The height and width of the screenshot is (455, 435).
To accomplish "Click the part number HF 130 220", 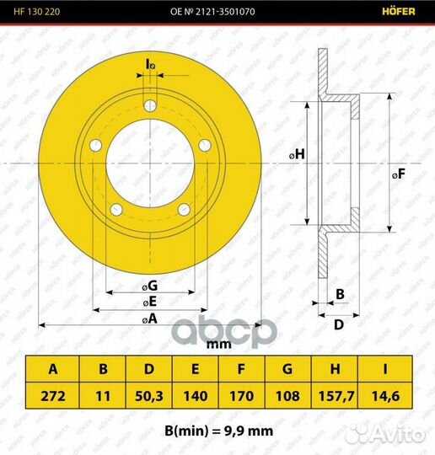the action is click(x=37, y=12).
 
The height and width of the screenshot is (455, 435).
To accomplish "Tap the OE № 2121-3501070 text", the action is click(x=212, y=12).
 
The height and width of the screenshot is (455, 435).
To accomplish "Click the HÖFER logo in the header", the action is click(x=399, y=11).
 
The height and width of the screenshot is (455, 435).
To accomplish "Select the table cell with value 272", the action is click(x=53, y=396).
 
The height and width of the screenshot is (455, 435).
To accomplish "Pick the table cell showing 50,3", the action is click(x=149, y=396).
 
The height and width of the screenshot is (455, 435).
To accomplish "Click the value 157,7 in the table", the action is click(x=336, y=396).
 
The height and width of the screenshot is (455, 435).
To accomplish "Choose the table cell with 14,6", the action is click(x=385, y=396).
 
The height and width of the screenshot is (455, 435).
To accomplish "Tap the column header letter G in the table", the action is click(x=287, y=369).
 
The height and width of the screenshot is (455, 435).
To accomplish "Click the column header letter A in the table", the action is click(x=53, y=369).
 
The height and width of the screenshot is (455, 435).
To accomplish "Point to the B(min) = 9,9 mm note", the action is click(x=218, y=431).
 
